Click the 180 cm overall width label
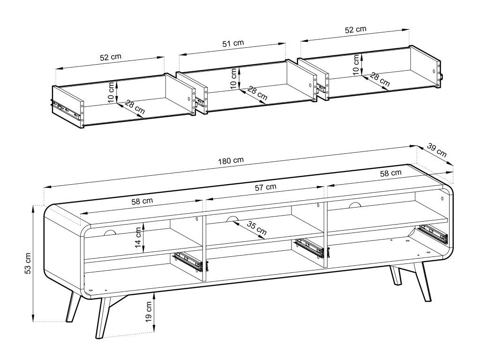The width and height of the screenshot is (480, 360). coord(231,160)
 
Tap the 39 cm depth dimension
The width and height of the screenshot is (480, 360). coord(437,150)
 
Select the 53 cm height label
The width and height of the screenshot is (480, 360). coord(27,263)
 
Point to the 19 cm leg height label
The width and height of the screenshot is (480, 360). coord(149,312)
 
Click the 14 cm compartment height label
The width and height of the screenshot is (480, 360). coord(138,238)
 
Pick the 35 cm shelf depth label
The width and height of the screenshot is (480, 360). coord(256,228)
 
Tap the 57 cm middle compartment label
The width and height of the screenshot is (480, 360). coord(265,187)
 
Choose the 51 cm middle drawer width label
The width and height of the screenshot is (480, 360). coord(233,43)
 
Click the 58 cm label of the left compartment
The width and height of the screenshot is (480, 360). coord(142,201)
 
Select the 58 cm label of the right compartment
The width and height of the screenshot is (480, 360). coord(390,173)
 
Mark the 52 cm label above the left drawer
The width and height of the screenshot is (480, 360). coord(111,57)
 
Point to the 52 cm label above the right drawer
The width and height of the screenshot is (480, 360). coord(355,30)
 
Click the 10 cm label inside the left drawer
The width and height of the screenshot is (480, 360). coord(111,92)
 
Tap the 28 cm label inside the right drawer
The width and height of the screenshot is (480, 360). coord(380,79)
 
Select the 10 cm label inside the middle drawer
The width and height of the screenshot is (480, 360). coord(233,79)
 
